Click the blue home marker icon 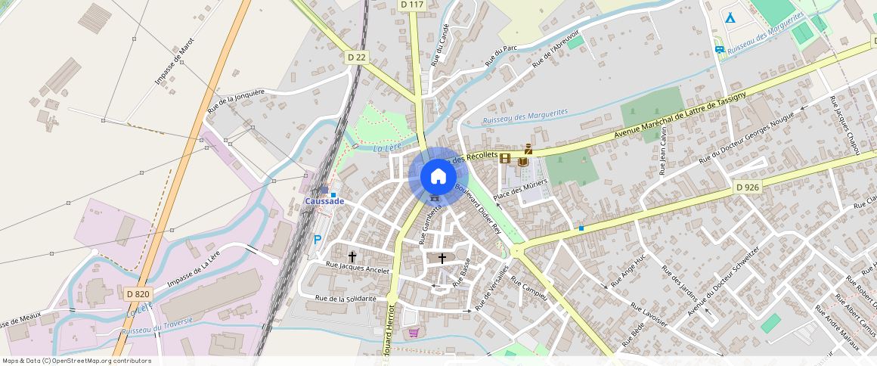(x=438, y=177)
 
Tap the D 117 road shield (x=412, y=5)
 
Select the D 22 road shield (x=357, y=57)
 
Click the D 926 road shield (x=747, y=187)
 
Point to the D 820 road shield (x=138, y=293)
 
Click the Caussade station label (x=324, y=201)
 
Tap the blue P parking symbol (x=318, y=240)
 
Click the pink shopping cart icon (x=413, y=333)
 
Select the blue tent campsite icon (x=730, y=17)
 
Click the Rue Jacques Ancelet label (x=358, y=268)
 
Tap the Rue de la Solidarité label (x=346, y=299)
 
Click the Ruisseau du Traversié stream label (x=157, y=326)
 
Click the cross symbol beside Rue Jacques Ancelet (x=352, y=256)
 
